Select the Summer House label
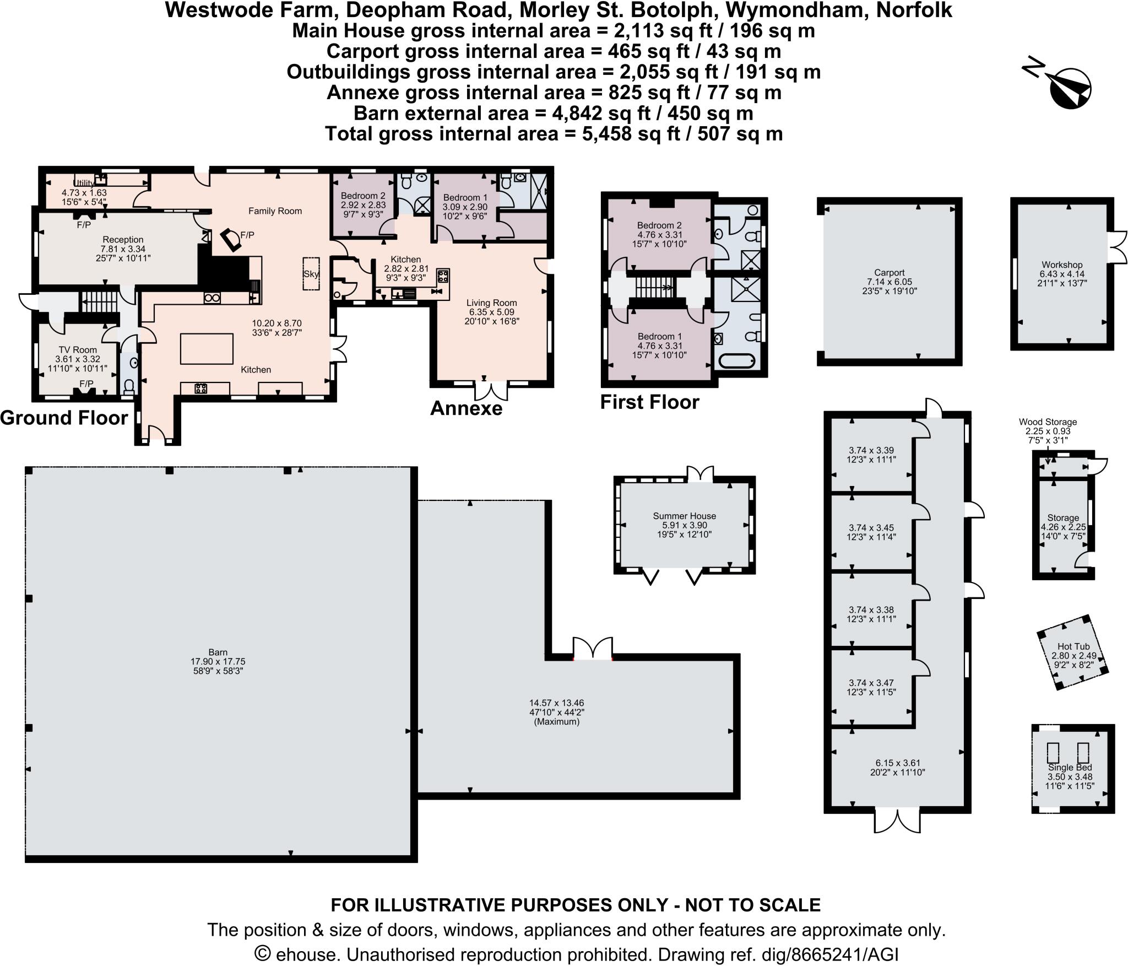pyautogui.click(x=684, y=516)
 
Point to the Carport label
pyautogui.click(x=889, y=272)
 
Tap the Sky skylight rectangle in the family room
pyautogui.click(x=311, y=274)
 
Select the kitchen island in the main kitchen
pyautogui.click(x=207, y=349)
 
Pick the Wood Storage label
pyautogui.click(x=1047, y=422)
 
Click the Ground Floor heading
pyautogui.click(x=64, y=418)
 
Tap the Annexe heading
pyautogui.click(x=466, y=408)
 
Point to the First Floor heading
pyautogui.click(x=649, y=402)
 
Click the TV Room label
pyautogui.click(x=78, y=350)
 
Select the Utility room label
pyautogui.click(x=84, y=184)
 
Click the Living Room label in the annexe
pyautogui.click(x=491, y=303)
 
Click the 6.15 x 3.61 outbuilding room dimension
pyautogui.click(x=897, y=763)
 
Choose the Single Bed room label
pyautogui.click(x=1070, y=767)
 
